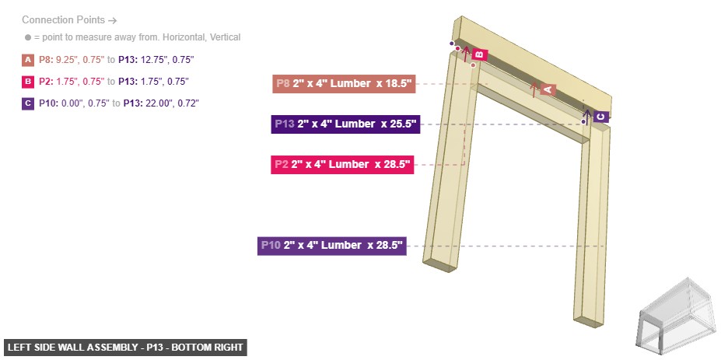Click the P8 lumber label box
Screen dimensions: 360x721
(344, 83)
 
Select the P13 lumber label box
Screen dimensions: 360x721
(345, 124)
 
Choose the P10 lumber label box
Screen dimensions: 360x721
(332, 246)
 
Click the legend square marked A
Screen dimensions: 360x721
(28, 59)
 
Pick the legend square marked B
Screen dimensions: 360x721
(28, 81)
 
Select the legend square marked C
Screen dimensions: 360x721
(28, 103)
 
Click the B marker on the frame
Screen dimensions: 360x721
(479, 54)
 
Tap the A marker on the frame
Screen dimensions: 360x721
(547, 90)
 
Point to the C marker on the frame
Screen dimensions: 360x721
(600, 117)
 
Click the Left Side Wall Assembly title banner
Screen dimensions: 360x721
(125, 348)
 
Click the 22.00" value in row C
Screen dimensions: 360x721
(159, 103)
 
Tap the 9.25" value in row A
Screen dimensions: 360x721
(68, 59)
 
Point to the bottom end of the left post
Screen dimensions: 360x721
(439, 264)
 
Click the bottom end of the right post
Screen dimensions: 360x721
(589, 316)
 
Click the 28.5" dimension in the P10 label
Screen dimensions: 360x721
(387, 246)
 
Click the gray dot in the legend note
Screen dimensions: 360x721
(27, 37)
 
